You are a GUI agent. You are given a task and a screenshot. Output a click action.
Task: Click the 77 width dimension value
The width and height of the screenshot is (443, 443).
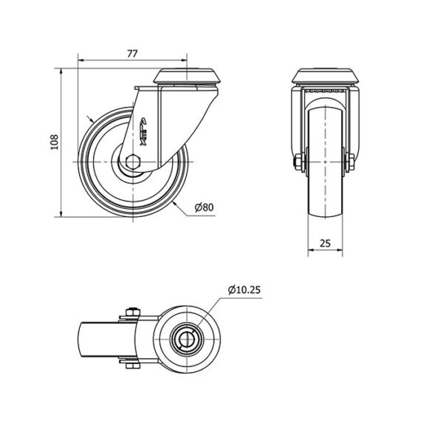(132, 54)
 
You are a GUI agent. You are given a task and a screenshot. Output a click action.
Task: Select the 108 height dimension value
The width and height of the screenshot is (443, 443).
(54, 142)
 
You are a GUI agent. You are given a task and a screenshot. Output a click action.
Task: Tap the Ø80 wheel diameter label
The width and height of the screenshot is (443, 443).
(205, 207)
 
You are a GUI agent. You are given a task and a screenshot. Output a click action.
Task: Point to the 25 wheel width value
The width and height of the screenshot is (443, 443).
(325, 243)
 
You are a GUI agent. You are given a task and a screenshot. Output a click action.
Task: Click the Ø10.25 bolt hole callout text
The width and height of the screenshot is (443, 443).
(244, 290)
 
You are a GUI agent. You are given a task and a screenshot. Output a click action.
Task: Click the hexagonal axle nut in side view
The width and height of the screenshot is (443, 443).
(133, 162)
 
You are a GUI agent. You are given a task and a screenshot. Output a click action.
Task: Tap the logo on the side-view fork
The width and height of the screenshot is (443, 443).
(143, 131)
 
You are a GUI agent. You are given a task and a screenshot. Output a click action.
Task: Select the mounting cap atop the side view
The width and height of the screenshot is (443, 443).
(187, 76)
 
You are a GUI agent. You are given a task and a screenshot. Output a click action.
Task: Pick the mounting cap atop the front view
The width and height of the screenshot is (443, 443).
(325, 76)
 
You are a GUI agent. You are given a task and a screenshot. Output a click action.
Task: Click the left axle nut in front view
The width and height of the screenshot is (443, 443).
(298, 162)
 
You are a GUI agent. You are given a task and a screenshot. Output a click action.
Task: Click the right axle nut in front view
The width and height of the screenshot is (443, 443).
(351, 162)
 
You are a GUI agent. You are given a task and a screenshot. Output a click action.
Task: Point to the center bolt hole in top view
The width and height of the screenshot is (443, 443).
(187, 338)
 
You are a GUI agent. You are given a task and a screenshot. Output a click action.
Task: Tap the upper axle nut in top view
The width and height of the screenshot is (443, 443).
(133, 312)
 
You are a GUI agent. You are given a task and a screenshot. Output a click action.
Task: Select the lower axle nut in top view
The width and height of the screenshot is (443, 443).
(133, 365)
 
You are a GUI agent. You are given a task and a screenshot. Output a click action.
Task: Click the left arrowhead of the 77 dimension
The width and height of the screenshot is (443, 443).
(80, 60)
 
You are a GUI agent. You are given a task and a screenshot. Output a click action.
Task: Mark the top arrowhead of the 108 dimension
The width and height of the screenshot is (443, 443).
(61, 72)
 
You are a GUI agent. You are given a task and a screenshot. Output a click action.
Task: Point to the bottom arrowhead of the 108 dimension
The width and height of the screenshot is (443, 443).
(61, 213)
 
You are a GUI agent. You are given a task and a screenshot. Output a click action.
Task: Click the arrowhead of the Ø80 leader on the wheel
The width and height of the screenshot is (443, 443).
(174, 204)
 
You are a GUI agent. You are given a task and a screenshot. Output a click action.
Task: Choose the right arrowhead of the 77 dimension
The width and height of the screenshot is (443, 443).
(184, 60)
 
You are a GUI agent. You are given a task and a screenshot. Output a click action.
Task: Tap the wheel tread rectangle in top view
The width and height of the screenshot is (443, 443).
(108, 339)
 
